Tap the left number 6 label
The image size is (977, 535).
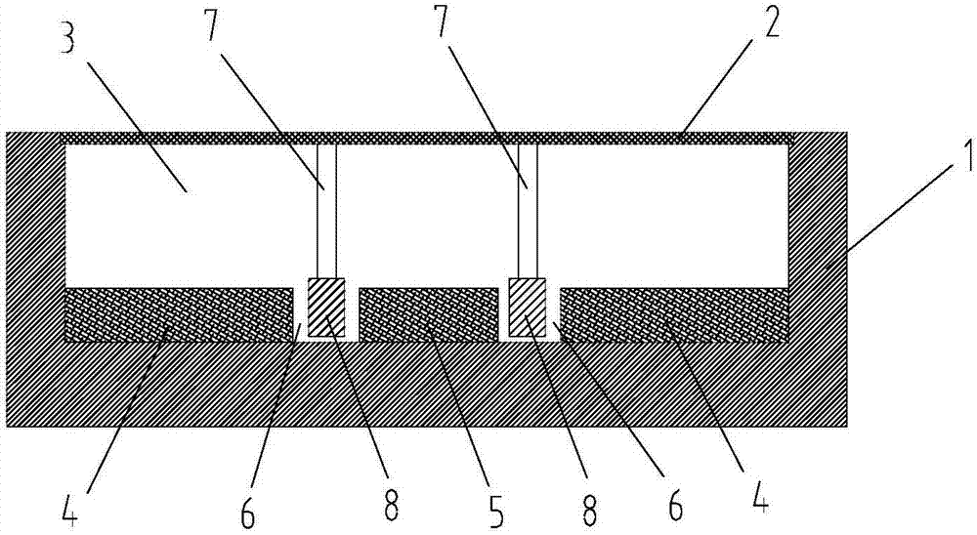248,509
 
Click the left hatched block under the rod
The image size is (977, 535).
326,308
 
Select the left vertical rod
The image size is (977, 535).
326,211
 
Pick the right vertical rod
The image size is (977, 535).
528,211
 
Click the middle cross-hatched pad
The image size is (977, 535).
429,315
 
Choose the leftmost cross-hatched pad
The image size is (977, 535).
180,315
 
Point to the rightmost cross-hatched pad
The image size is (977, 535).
675,315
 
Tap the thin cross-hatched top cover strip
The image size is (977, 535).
427,139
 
